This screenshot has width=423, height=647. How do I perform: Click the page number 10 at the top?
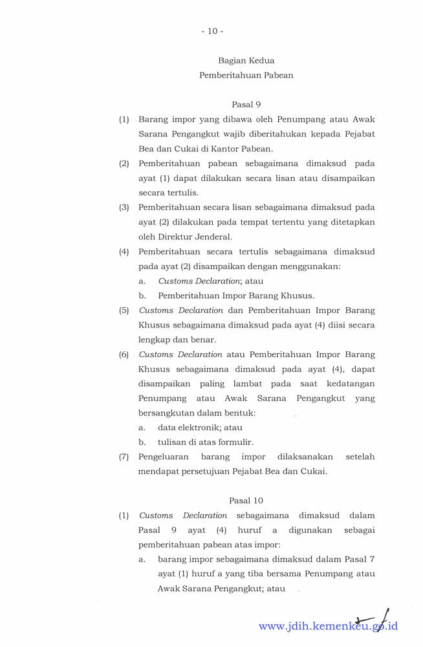pyautogui.click(x=212, y=30)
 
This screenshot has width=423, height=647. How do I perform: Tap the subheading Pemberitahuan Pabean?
pyautogui.click(x=246, y=75)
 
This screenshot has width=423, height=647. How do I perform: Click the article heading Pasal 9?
pyautogui.click(x=246, y=104)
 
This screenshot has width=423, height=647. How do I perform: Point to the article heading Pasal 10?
pyautogui.click(x=246, y=500)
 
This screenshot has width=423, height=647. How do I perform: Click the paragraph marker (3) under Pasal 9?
pyautogui.click(x=124, y=207)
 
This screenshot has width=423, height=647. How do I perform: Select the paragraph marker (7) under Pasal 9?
pyautogui.click(x=124, y=457)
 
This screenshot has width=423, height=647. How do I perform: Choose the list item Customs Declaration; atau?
pyautogui.click(x=210, y=281)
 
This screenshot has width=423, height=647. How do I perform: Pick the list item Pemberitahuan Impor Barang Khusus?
pyautogui.click(x=236, y=296)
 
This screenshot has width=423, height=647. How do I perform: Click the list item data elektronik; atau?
pyautogui.click(x=200, y=428)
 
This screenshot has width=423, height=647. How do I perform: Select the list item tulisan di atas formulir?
pyautogui.click(x=205, y=442)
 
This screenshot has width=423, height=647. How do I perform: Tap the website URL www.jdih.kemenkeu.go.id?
pyautogui.click(x=328, y=626)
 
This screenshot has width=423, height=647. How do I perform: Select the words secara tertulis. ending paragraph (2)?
pyautogui.click(x=168, y=193)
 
